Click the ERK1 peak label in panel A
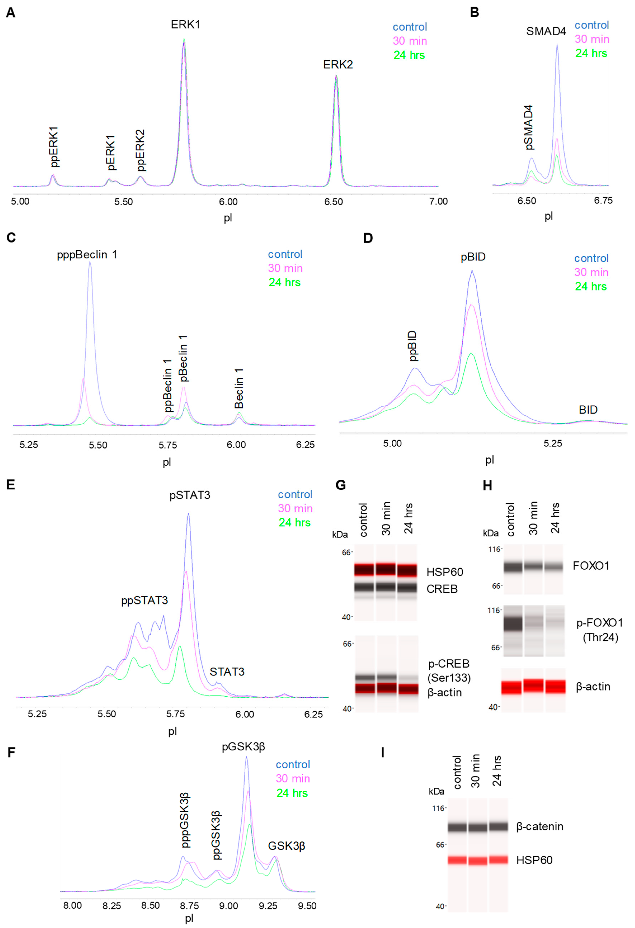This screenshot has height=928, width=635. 185,25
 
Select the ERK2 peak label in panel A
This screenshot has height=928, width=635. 338,65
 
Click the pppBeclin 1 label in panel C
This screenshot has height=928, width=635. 87,255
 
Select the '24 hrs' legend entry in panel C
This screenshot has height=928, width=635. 284,282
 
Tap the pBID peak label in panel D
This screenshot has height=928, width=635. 473,257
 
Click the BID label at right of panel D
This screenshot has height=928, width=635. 588,410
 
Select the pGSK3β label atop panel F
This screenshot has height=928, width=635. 243,746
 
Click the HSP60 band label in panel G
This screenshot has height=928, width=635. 445,572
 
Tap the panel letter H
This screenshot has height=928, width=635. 487,486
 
